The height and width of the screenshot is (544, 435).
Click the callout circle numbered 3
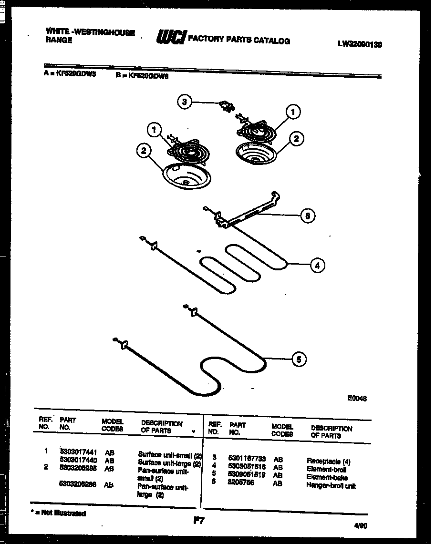click(184, 102)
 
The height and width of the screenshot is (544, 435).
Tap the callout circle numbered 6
click(307, 215)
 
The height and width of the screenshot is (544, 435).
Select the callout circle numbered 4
click(317, 265)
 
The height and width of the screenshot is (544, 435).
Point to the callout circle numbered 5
click(299, 359)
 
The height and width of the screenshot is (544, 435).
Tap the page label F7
click(199, 521)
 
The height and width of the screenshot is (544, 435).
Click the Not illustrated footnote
click(58, 513)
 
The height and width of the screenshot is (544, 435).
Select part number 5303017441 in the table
click(78, 451)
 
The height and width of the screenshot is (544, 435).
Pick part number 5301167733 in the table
click(247, 458)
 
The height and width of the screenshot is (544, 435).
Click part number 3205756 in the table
click(241, 482)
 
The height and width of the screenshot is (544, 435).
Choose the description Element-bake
click(327, 477)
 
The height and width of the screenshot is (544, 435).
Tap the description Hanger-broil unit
click(331, 486)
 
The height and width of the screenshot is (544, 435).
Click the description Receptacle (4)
click(328, 461)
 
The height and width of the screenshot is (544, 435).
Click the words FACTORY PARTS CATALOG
click(239, 40)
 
